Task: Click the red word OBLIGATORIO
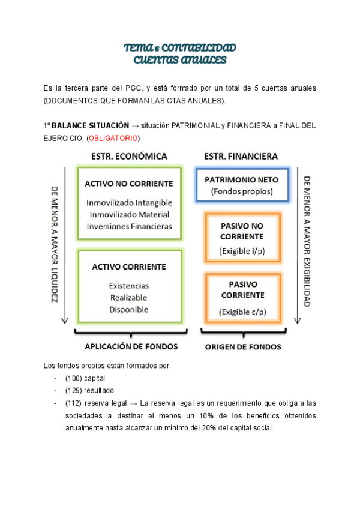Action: point(113,139)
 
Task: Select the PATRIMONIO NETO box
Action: point(238,185)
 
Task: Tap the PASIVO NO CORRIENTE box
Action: point(242,237)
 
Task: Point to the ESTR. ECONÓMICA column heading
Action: point(129,157)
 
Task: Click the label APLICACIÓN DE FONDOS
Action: point(129,346)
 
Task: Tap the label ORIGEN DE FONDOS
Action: point(243,346)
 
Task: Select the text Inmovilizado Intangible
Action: point(129,203)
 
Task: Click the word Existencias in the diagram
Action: point(129,286)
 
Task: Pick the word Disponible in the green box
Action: point(129,309)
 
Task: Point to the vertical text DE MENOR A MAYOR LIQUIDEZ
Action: point(54,244)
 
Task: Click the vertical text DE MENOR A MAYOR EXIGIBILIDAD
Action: point(307,241)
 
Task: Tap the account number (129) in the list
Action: point(76,391)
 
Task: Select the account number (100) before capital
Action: point(76,379)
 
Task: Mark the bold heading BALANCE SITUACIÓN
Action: point(91,126)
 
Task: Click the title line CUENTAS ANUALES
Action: point(179,60)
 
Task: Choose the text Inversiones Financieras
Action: point(129,226)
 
